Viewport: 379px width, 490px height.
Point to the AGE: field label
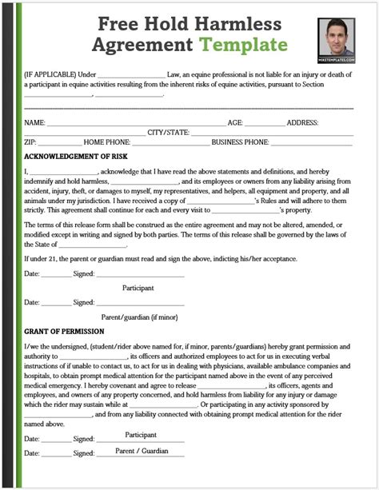(236, 123)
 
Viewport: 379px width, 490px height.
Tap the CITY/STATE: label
(168, 133)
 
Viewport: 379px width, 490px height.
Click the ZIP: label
(30, 142)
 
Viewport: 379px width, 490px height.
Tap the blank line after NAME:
(136, 125)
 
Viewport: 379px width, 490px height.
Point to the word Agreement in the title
(137, 44)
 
